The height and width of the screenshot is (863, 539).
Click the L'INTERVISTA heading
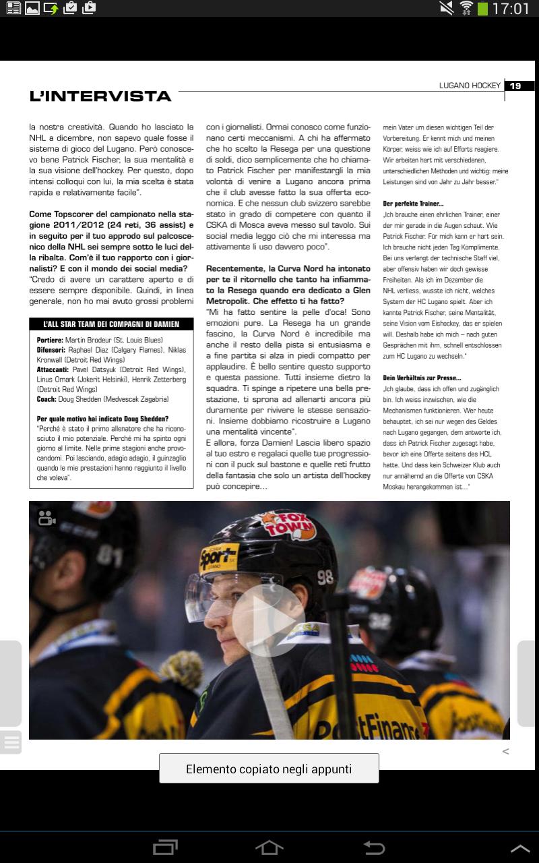100,96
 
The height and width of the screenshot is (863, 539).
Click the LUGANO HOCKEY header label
470,86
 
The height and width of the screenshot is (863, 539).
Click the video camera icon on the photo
46,518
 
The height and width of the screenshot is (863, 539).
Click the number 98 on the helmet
325,577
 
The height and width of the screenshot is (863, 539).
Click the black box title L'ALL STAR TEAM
113,324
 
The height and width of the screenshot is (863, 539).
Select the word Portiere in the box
50,340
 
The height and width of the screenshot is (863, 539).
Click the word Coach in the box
46,398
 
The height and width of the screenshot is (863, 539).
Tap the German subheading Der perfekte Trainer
413,203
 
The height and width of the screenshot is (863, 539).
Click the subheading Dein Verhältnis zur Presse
422,378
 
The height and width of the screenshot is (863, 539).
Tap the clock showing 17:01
511,9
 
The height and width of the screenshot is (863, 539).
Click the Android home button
269,847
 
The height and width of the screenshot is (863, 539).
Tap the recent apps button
165,847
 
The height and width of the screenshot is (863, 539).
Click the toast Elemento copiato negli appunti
269,769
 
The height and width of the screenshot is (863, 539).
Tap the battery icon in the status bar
482,9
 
